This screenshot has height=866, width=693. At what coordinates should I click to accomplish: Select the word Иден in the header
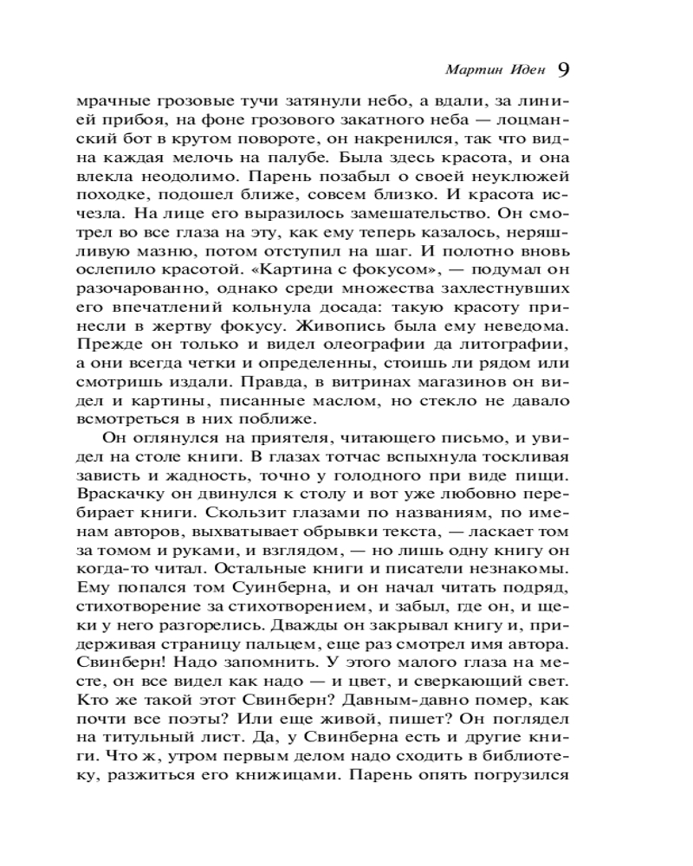[523, 69]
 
